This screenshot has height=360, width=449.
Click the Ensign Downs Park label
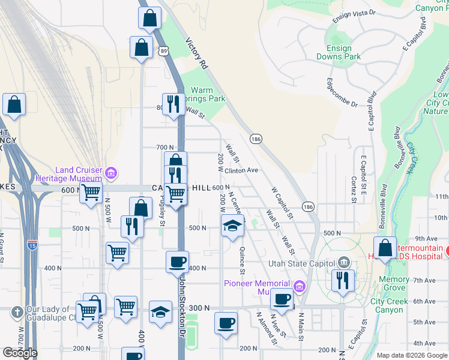tap(343, 52)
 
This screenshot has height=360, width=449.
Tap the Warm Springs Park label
tap(206, 94)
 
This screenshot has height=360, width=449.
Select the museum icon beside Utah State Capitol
tap(343, 262)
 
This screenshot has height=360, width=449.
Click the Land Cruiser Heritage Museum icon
tap(110, 174)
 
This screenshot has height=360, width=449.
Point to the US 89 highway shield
tap(164, 52)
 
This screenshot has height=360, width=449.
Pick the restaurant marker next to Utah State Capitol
tap(342, 281)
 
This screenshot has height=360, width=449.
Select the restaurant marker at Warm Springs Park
tap(173, 104)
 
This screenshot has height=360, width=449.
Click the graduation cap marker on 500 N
tap(232, 227)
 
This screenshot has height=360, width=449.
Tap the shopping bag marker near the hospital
tap(384, 248)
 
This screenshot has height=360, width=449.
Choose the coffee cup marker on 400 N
tap(178, 262)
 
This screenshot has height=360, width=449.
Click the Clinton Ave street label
tap(241, 170)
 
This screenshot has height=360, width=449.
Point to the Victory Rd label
tap(196, 54)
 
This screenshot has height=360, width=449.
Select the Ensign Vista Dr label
tap(354, 13)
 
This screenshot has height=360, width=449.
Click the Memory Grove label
tap(394, 283)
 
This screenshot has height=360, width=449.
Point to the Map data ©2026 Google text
tap(411, 355)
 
